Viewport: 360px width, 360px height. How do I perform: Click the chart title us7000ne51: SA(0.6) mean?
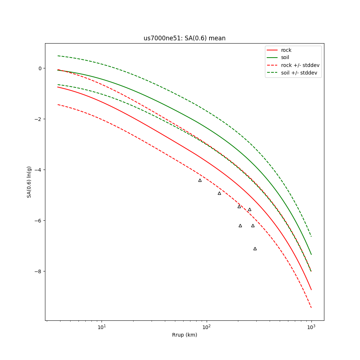pos(184,38)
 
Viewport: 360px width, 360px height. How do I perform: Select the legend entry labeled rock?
pos(286,50)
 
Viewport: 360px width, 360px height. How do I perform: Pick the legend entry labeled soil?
pos(285,58)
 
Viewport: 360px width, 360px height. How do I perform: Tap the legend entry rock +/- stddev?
pos(300,65)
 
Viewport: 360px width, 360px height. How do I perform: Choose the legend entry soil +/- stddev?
pos(300,73)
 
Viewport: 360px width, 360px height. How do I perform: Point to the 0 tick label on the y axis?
pos(40,68)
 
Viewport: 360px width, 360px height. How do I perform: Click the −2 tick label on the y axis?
pos(39,119)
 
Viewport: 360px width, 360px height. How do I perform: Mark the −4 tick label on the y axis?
pos(39,170)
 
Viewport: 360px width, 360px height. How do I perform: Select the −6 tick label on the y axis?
pos(39,221)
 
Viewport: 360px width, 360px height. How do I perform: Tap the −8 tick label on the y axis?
pos(39,271)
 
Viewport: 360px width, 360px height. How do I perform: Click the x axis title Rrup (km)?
pos(184,335)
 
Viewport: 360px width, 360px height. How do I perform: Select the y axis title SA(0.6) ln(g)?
pos(29,182)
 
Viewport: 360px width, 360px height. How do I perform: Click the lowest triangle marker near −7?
pos(255,249)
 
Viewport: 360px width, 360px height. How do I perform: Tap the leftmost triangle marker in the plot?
pos(200,180)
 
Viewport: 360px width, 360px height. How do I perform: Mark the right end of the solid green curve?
pos(311,255)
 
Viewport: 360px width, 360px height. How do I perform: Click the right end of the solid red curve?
pos(311,289)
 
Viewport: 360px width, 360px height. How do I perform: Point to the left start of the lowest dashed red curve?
pos(58,105)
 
